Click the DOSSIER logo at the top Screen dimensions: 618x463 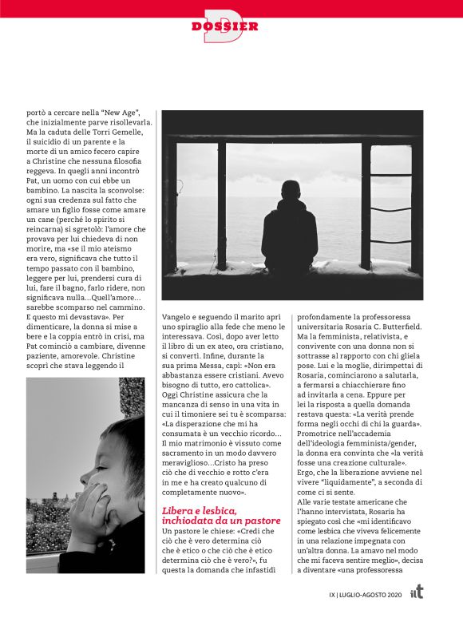point(225,26)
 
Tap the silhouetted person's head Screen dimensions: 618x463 point(288,191)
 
